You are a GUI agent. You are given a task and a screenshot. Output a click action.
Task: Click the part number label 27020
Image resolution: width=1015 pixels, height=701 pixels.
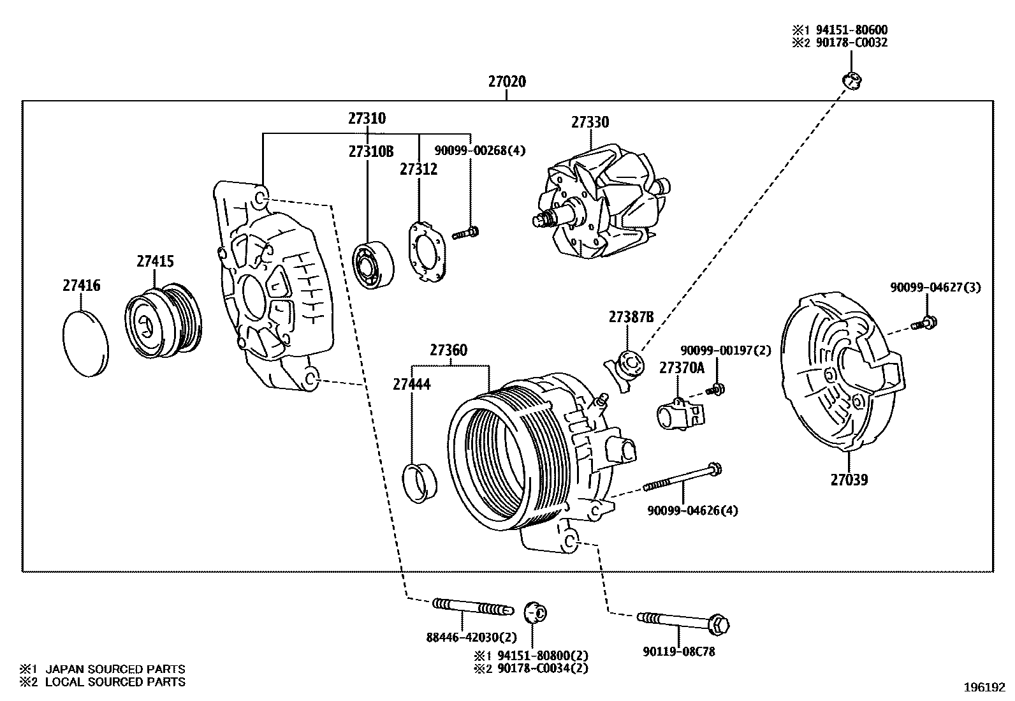[x=507, y=82]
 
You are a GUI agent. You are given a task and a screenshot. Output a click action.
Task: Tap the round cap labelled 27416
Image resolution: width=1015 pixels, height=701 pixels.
[x=86, y=343]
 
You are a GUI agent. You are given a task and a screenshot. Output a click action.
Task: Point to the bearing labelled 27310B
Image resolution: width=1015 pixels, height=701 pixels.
[x=373, y=264]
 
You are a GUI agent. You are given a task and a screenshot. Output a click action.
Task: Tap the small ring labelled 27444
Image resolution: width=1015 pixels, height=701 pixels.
[x=421, y=484]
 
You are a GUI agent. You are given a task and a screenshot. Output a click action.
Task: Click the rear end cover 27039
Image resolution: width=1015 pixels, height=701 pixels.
[x=838, y=373]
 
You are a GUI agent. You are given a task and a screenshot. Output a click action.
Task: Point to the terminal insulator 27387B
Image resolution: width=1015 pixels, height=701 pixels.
[x=625, y=369]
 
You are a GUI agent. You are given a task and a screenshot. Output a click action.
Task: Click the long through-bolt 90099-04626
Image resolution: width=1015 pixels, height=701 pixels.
[x=682, y=479]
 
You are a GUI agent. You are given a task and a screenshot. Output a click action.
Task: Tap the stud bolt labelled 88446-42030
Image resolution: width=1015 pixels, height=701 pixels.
[x=472, y=607]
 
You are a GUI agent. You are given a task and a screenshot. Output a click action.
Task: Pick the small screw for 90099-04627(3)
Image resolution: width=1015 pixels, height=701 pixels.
[x=923, y=323]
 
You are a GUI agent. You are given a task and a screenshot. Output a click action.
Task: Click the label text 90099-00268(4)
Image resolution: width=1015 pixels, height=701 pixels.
[x=480, y=151]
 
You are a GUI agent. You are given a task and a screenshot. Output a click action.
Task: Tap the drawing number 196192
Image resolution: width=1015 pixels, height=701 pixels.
[x=984, y=688]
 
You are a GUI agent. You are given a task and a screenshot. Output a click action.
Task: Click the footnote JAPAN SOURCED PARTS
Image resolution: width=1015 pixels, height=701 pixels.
[x=115, y=669]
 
